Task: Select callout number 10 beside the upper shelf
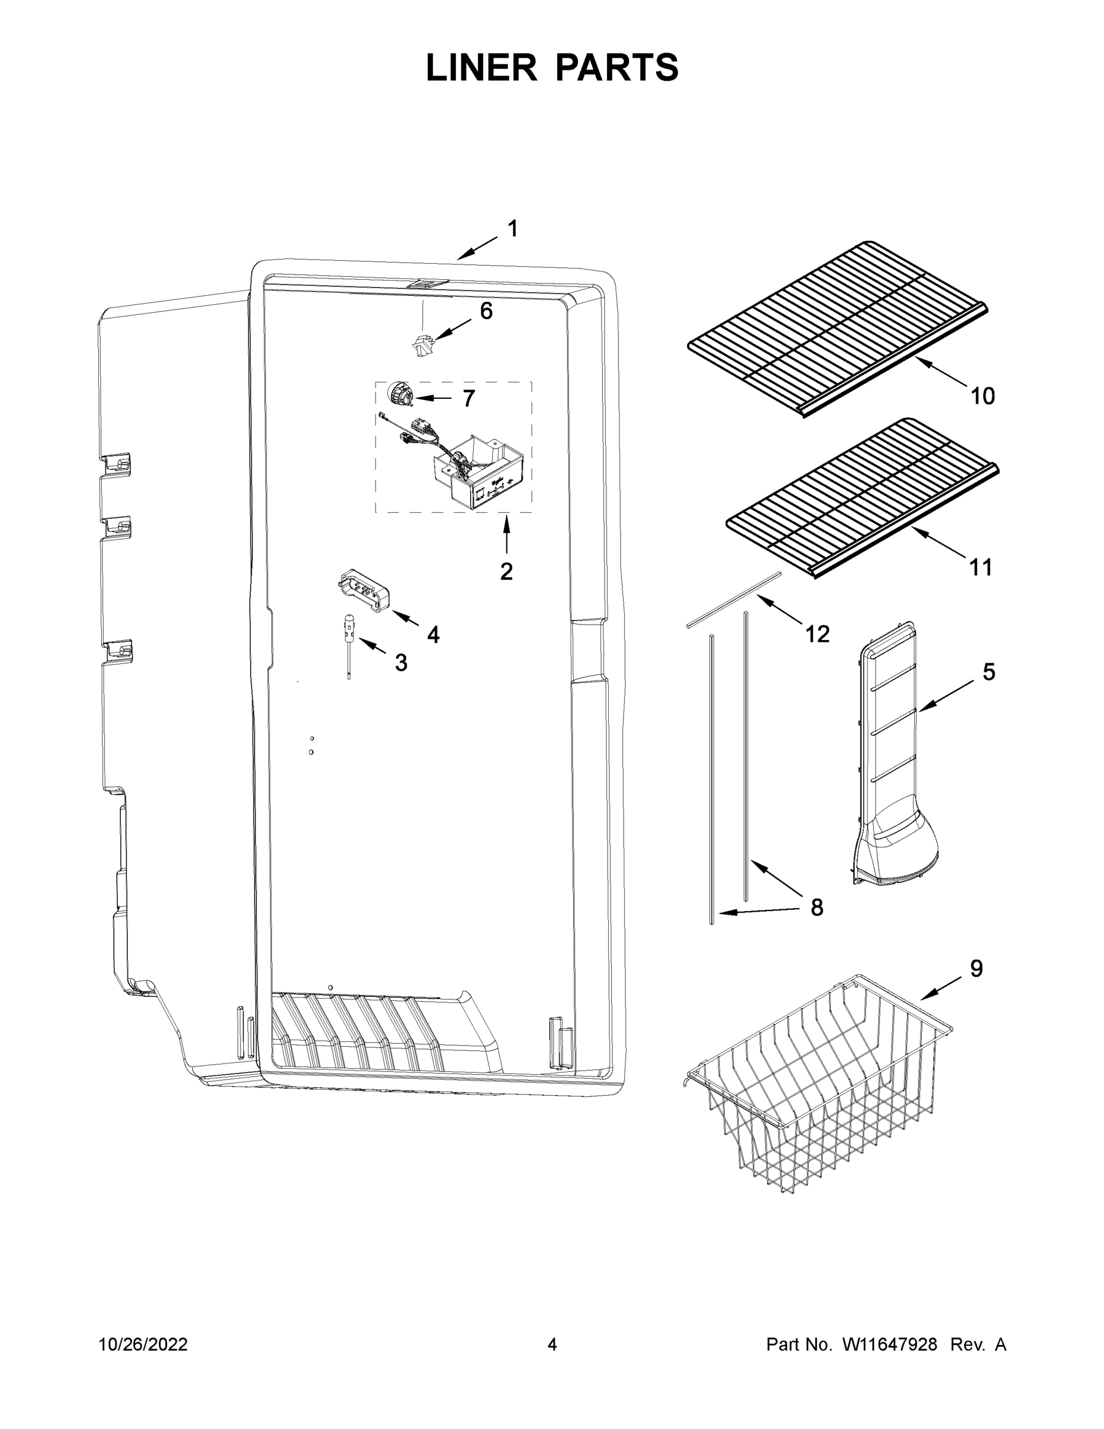coord(983,396)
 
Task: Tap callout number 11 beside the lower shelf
coord(980,567)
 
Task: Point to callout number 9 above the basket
coord(976,969)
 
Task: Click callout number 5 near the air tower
coord(989,672)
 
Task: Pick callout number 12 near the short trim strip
coord(817,634)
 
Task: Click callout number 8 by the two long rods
coord(816,907)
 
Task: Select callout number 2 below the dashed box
coord(506,571)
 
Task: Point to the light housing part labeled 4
coord(364,589)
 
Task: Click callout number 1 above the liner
coord(513,229)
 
